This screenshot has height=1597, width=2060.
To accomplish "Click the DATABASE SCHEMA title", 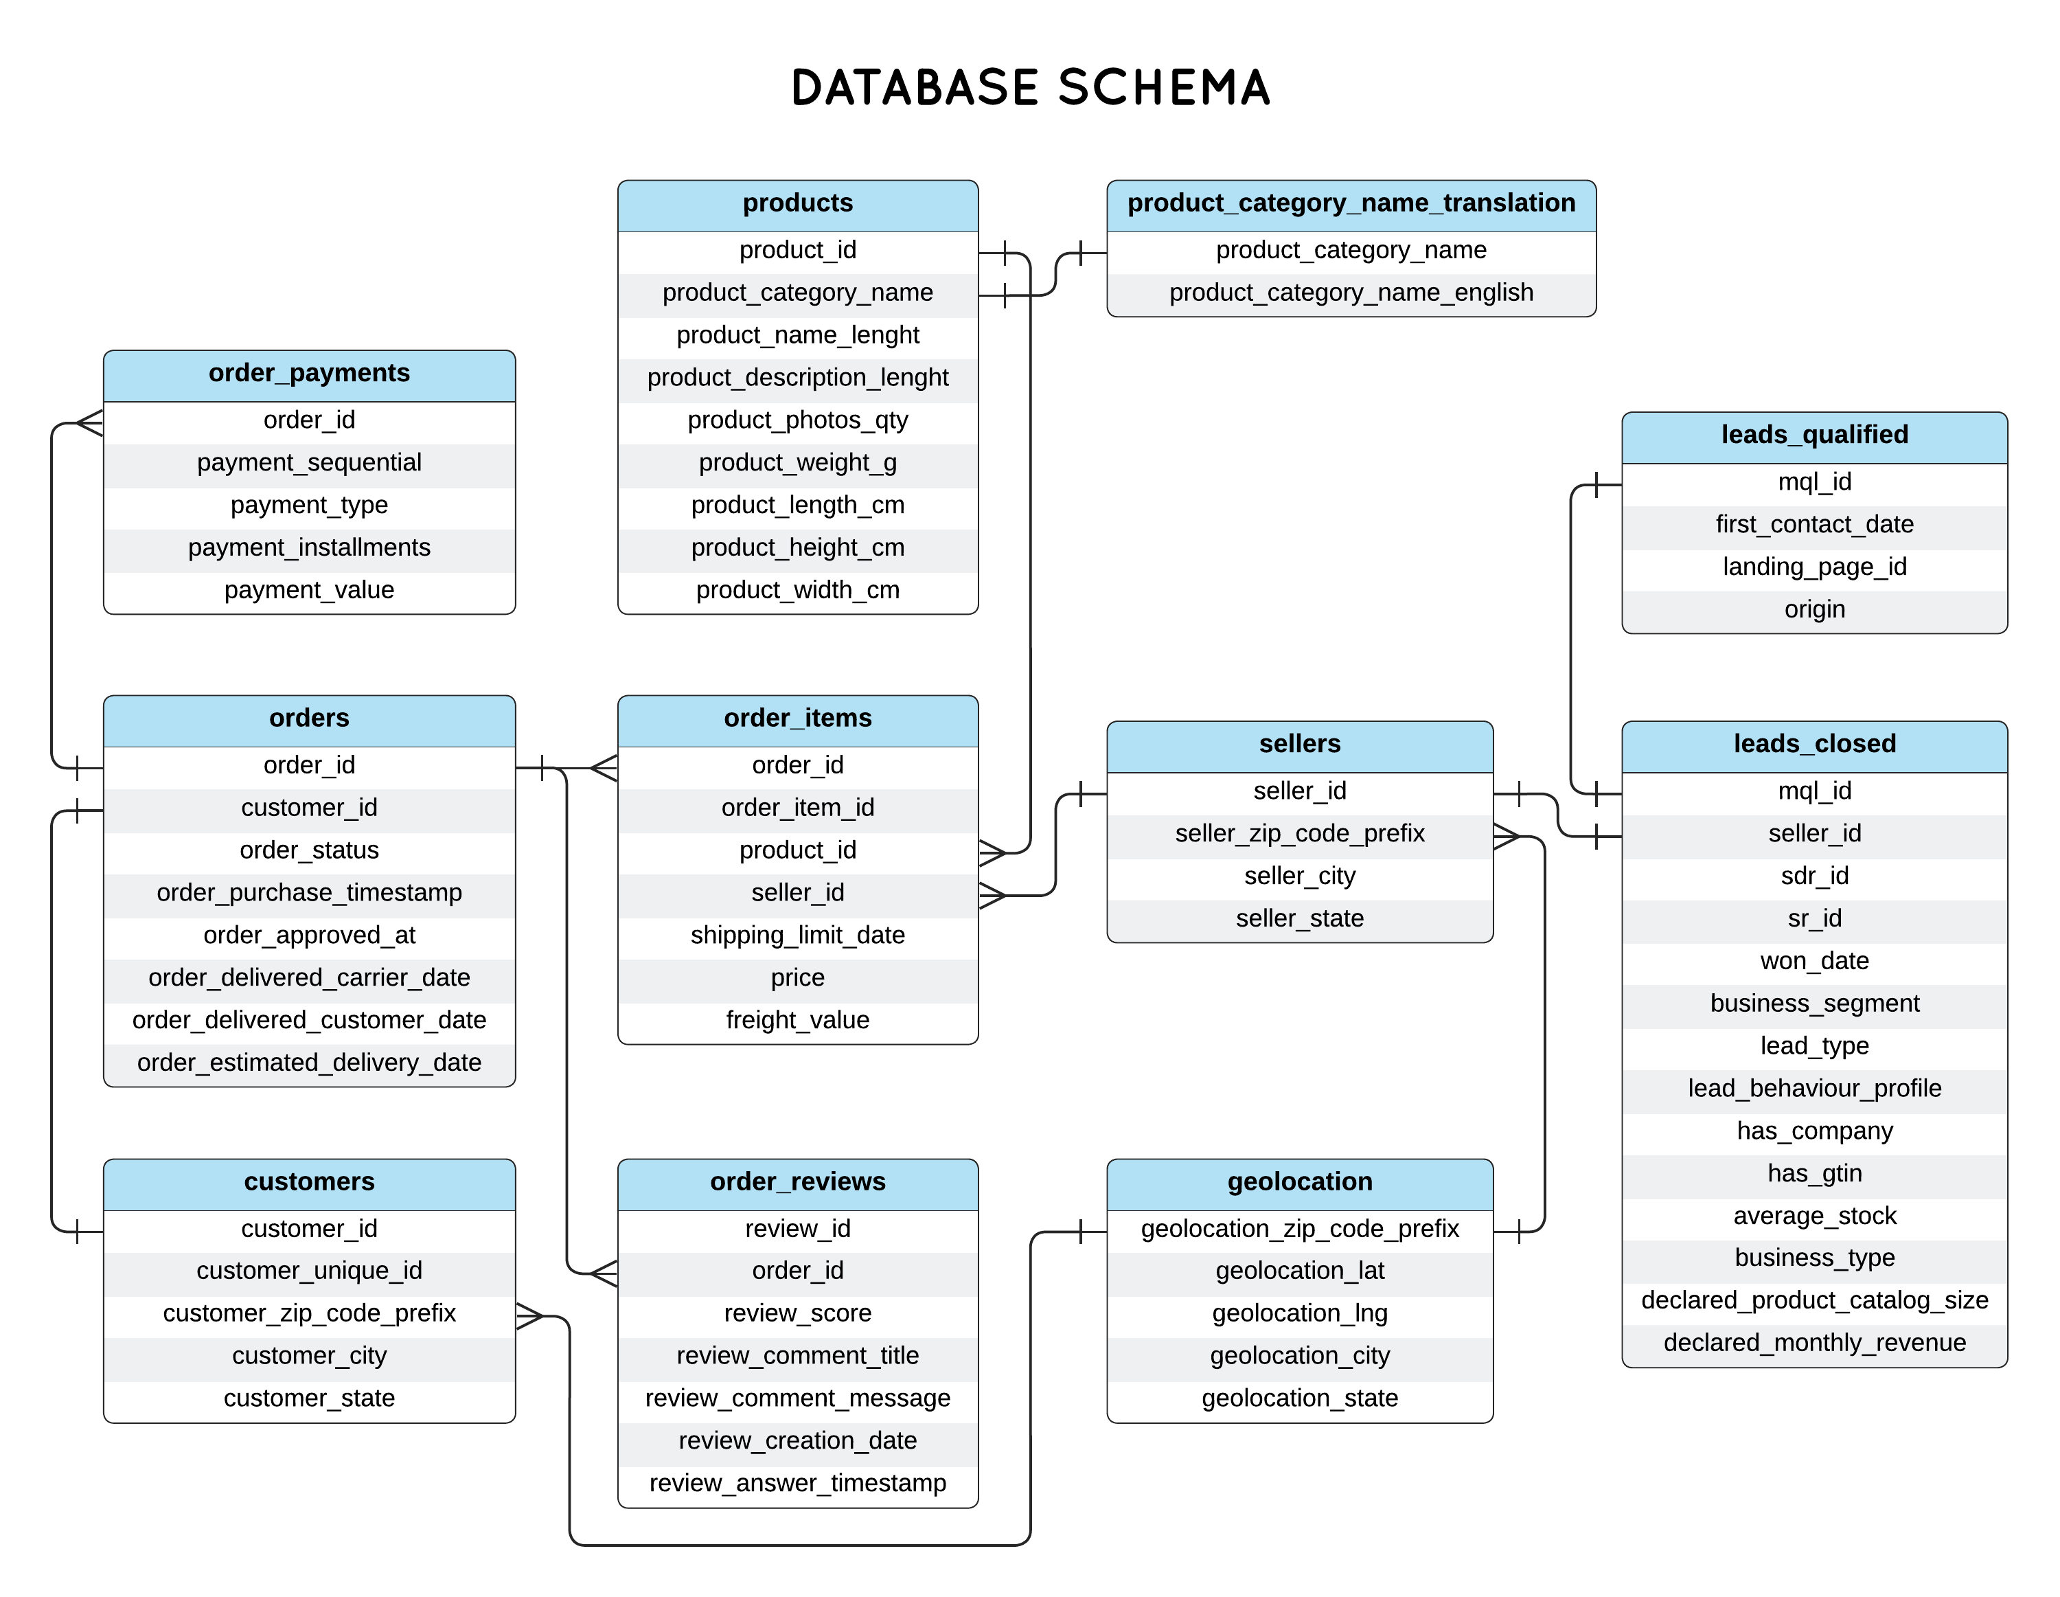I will pos(1030,88).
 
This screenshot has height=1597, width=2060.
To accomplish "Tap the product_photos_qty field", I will pos(797,420).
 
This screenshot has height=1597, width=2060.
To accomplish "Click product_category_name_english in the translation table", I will pos(1351,293).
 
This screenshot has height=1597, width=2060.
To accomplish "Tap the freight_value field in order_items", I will pos(797,1020).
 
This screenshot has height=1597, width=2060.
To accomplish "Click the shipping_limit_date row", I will pos(797,935).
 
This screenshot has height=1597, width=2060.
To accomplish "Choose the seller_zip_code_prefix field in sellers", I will pos(1298,833).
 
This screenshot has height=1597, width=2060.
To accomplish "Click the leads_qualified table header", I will pos(1813,434).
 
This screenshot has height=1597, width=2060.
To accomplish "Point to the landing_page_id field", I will pos(1813,566).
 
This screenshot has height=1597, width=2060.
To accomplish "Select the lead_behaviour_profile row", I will pos(1813,1087).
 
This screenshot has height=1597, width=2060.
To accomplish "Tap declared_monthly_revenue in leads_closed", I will pos(1813,1342).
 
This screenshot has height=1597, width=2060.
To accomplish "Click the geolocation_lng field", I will pos(1298,1313).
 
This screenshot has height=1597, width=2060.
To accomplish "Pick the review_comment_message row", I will pos(797,1398).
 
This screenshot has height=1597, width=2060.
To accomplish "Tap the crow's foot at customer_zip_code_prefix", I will pos(530,1315).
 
